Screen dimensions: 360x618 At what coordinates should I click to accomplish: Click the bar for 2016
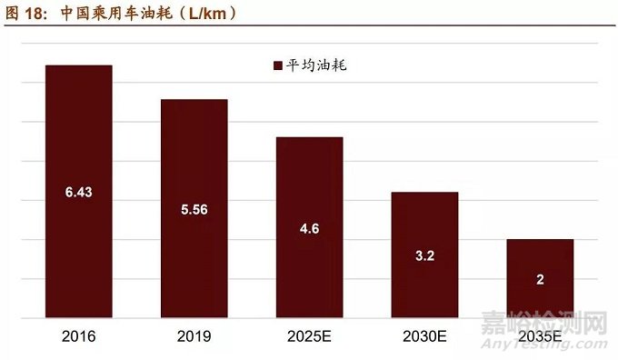click(79, 136)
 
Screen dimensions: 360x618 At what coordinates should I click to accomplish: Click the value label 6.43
click(79, 193)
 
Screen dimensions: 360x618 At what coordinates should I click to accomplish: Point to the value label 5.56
click(194, 209)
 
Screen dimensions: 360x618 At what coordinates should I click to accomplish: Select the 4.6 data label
click(309, 228)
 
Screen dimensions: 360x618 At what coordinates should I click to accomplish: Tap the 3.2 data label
click(424, 255)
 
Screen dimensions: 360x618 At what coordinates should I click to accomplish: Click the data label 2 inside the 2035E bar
click(540, 279)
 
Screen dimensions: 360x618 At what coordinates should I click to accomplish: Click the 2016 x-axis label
click(79, 336)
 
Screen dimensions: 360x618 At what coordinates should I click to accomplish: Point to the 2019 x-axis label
click(194, 336)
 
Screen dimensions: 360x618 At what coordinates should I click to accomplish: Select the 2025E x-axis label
click(309, 336)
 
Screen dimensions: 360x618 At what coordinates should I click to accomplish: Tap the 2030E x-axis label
click(424, 336)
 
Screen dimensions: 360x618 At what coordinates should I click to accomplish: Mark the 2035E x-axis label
click(540, 336)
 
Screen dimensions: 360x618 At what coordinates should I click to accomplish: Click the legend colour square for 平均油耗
click(278, 65)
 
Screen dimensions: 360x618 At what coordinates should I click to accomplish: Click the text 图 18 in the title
click(25, 13)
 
